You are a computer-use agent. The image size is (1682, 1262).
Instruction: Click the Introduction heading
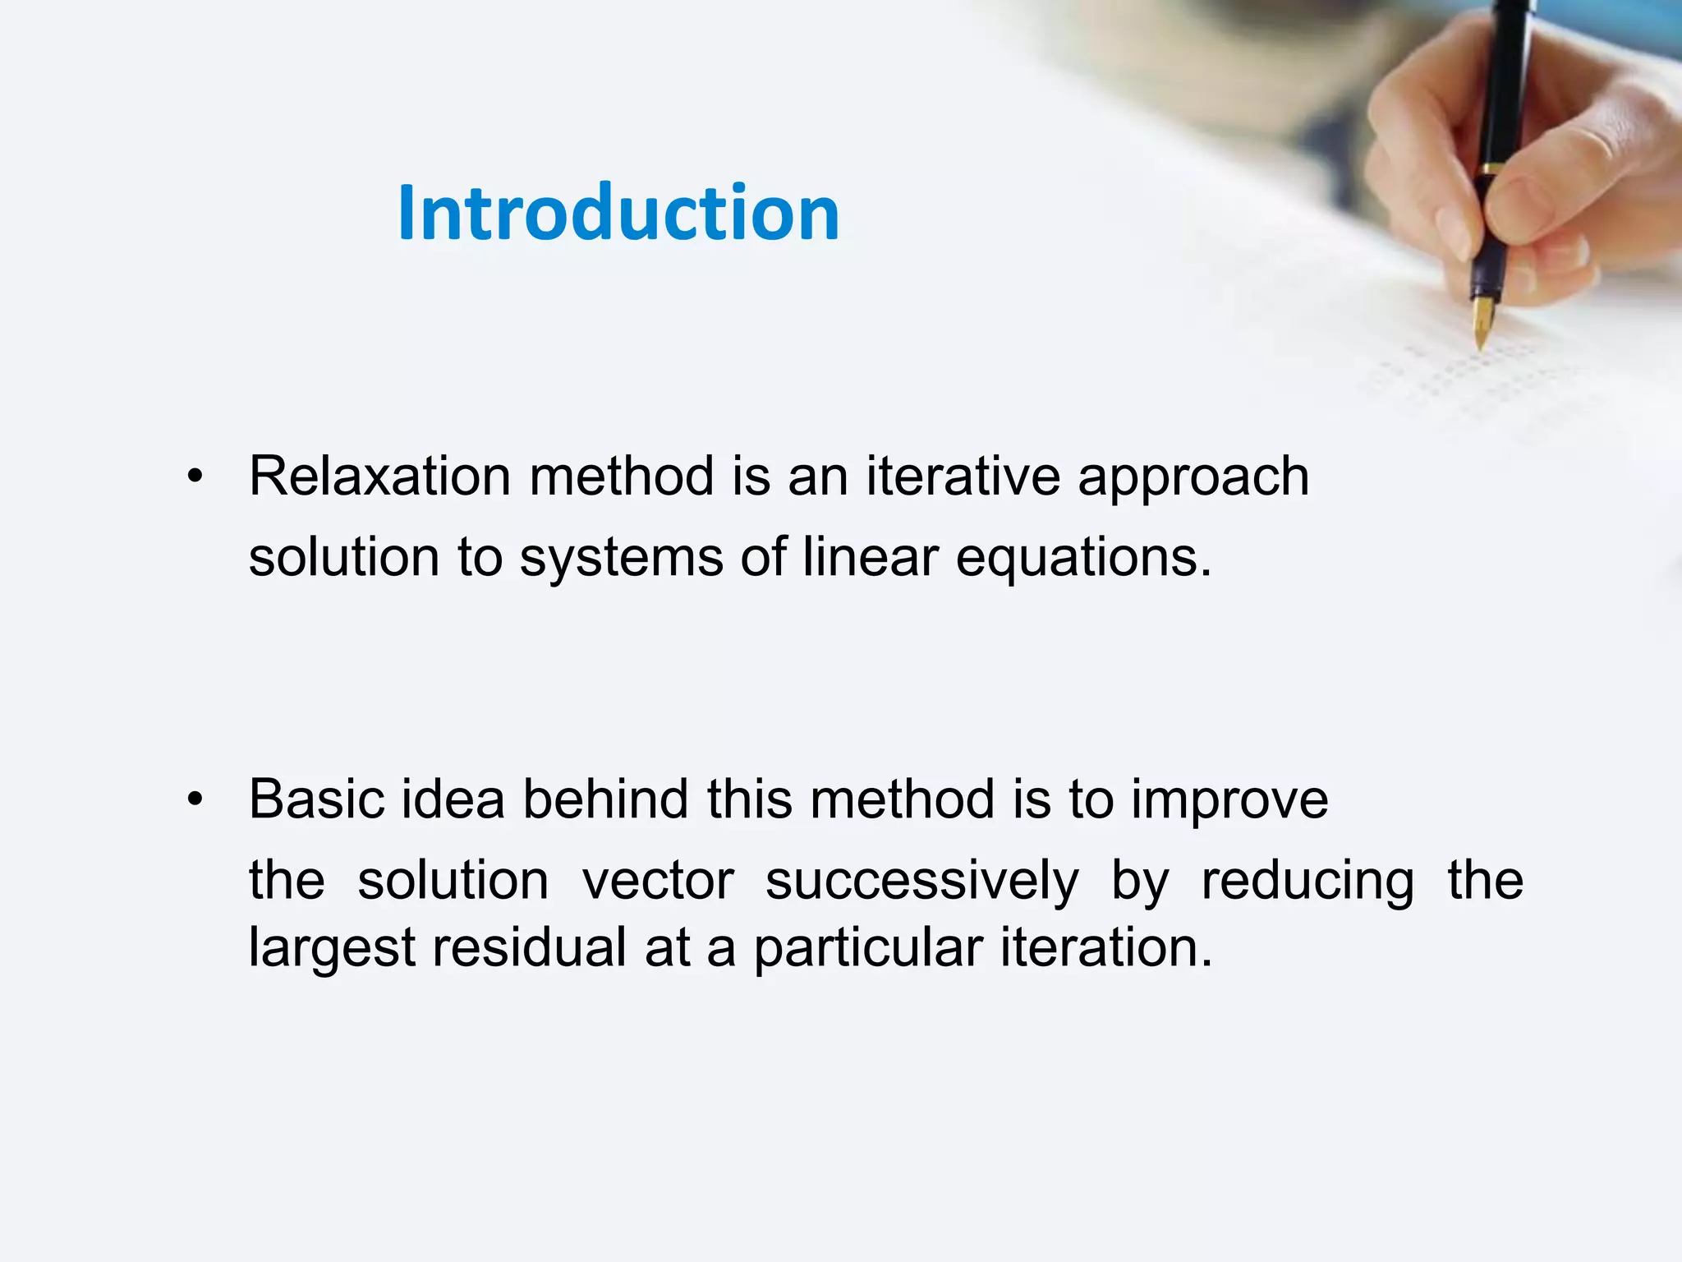pos(618,214)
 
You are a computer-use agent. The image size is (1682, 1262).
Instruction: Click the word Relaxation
pos(379,477)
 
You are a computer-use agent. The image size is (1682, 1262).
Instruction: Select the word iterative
pos(962,477)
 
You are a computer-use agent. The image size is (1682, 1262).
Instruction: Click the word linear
pos(870,557)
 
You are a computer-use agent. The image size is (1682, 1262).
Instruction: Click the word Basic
pos(316,799)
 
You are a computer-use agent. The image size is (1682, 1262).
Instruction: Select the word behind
pos(605,799)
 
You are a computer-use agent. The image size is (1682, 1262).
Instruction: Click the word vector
pos(658,881)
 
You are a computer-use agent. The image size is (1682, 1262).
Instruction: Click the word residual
pos(530,947)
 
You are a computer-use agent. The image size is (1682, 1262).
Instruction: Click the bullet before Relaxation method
pos(195,476)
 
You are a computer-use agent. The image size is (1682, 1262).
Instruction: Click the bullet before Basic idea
pos(195,799)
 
